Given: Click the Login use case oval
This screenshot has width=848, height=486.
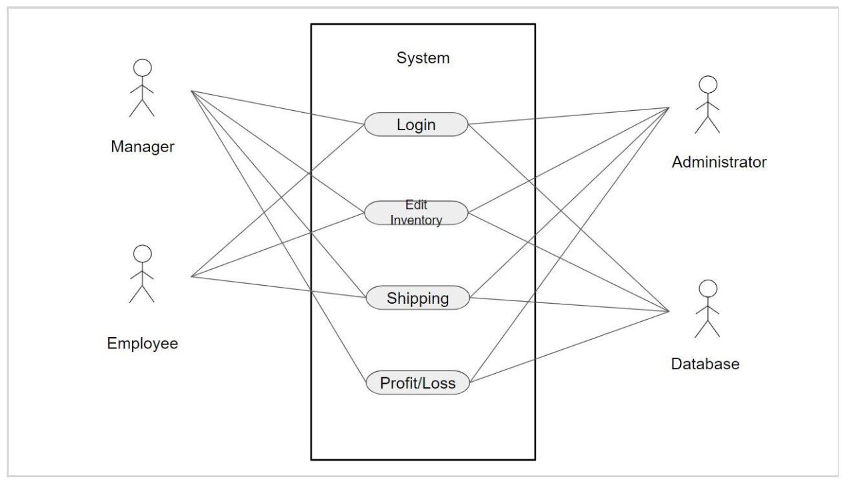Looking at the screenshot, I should (416, 124).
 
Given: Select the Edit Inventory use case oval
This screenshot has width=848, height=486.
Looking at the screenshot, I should (416, 213).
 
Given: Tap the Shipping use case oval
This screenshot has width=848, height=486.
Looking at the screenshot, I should (418, 298).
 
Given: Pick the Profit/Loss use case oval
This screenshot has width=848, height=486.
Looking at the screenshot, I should (417, 383).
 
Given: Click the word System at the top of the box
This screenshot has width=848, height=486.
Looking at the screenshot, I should (423, 58).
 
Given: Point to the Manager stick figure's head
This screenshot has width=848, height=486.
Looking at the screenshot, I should (142, 67).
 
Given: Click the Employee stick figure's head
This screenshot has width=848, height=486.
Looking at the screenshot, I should (142, 253).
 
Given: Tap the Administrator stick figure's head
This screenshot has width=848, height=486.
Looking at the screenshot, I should (707, 84).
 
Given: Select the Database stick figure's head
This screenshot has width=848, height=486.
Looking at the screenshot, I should (707, 288).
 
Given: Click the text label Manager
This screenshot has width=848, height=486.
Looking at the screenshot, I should (142, 147).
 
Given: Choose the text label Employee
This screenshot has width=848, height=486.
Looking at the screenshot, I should (142, 343).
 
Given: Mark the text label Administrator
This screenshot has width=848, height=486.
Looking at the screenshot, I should (719, 162).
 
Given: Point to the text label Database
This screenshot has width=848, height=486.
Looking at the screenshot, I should (705, 364).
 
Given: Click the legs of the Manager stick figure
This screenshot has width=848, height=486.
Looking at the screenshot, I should (142, 108).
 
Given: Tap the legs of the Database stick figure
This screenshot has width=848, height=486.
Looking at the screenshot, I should (707, 328).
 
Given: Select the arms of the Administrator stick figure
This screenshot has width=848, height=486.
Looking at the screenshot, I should (707, 106).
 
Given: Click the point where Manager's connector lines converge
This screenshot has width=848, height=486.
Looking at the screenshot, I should (191, 91).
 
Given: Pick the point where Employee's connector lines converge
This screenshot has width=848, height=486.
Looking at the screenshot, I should (191, 276).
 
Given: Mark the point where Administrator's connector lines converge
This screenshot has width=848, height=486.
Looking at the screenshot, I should (669, 107).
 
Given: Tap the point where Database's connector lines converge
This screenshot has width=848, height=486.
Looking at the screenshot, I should (669, 311).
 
